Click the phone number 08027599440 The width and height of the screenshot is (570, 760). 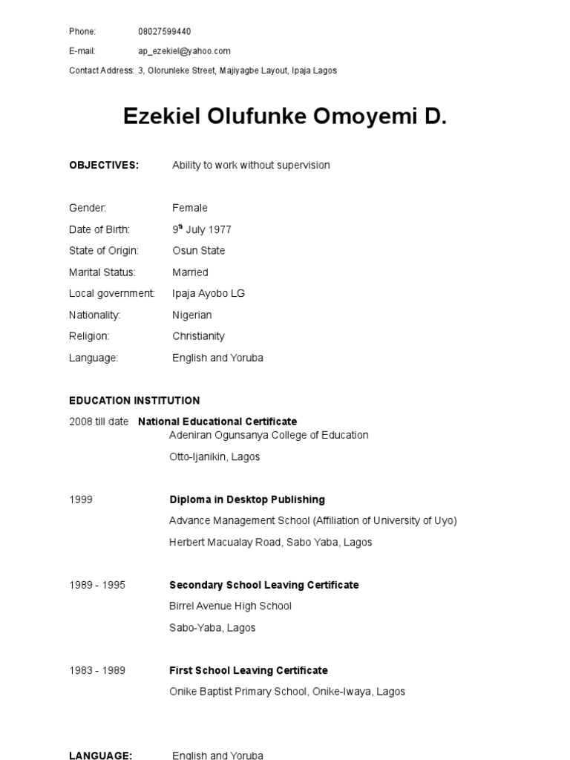coord(164,31)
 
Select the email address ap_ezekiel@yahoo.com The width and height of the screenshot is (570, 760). coord(184,51)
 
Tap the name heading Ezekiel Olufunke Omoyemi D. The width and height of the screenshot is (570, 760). coord(285,117)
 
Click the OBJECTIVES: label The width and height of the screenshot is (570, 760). coord(104,165)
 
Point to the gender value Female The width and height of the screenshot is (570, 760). coord(190,208)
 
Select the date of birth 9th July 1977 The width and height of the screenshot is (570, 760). coord(202,229)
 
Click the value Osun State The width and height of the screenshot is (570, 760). coord(198,251)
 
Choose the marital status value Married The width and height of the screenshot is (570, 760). coord(190,272)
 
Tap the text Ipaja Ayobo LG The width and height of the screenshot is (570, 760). coord(209,293)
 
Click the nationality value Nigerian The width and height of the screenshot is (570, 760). coord(192,315)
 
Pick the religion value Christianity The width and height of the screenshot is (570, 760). coord(199,336)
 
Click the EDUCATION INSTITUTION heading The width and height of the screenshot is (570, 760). coord(134,400)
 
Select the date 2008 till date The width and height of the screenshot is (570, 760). coord(99,422)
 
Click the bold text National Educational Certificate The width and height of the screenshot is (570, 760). coord(217,422)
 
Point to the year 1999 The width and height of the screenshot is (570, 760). coord(81,499)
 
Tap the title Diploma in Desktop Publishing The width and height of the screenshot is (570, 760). coord(247,499)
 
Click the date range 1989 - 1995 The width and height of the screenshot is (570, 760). coord(97,585)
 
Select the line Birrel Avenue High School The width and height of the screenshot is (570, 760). coord(230,606)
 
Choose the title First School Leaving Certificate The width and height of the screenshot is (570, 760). coord(248,670)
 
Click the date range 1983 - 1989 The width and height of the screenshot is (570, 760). coord(97,670)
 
